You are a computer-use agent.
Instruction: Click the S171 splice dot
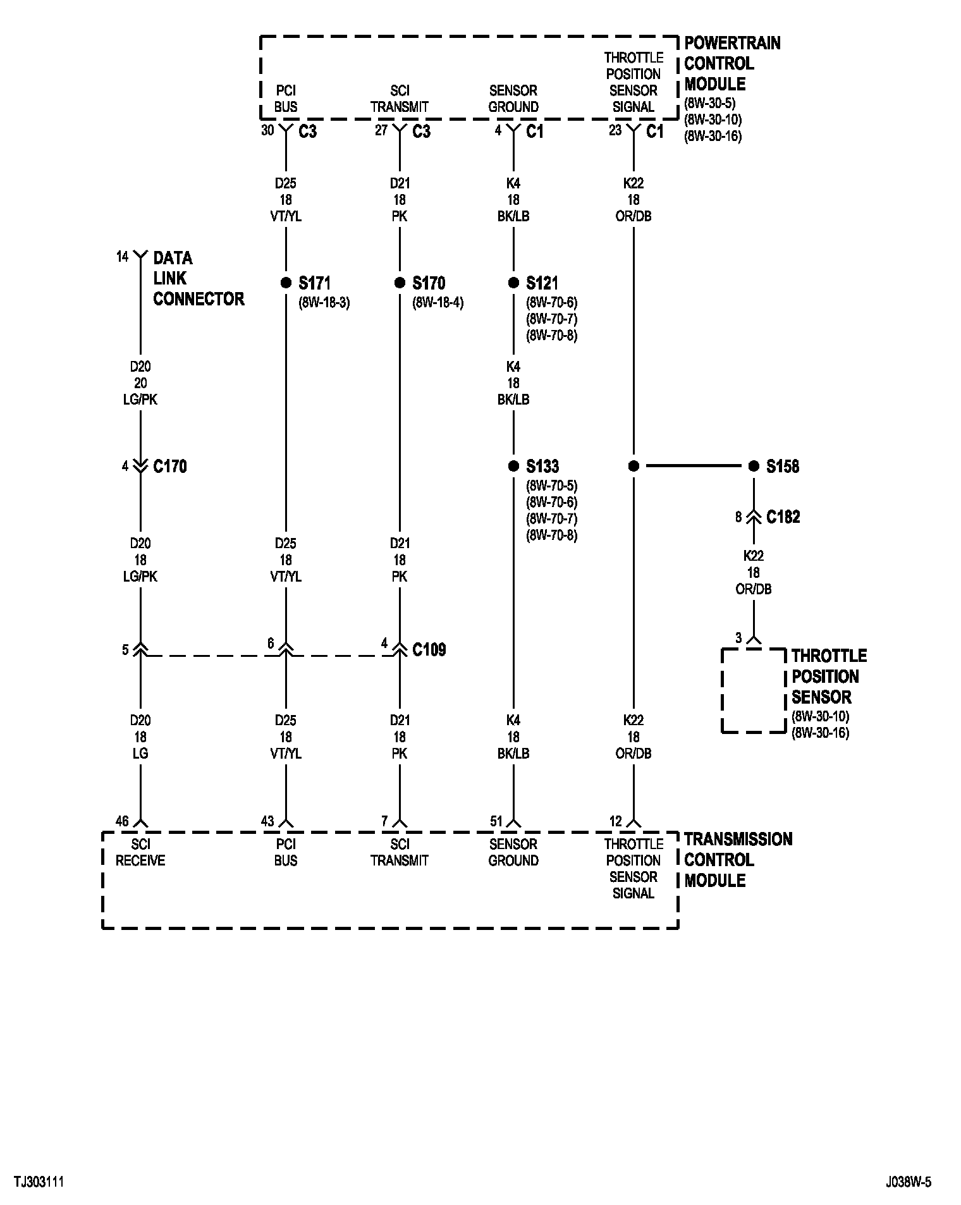[x=286, y=283]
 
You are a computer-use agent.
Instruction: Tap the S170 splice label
[x=429, y=283]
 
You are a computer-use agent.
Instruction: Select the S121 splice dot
[x=513, y=283]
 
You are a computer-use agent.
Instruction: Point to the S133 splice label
[x=542, y=467]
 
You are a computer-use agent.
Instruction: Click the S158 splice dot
[x=753, y=466]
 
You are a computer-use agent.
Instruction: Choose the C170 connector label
[x=170, y=467]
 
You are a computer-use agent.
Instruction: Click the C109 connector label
[x=429, y=649]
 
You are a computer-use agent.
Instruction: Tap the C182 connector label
[x=783, y=517]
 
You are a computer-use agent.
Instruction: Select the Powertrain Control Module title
[x=731, y=63]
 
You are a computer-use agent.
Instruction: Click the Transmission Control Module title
[x=737, y=860]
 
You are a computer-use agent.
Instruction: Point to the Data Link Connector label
[x=198, y=278]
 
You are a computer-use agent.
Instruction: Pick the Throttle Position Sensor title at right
[x=828, y=676]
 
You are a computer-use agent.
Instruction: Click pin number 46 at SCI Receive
[x=122, y=821]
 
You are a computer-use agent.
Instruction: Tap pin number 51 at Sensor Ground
[x=496, y=821]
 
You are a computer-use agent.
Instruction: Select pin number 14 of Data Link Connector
[x=122, y=257]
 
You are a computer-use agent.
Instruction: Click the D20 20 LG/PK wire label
[x=140, y=383]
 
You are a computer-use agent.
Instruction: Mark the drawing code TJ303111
[x=39, y=1182]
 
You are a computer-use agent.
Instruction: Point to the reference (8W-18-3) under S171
[x=324, y=302]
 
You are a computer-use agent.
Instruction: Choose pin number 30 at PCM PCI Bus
[x=267, y=131]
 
